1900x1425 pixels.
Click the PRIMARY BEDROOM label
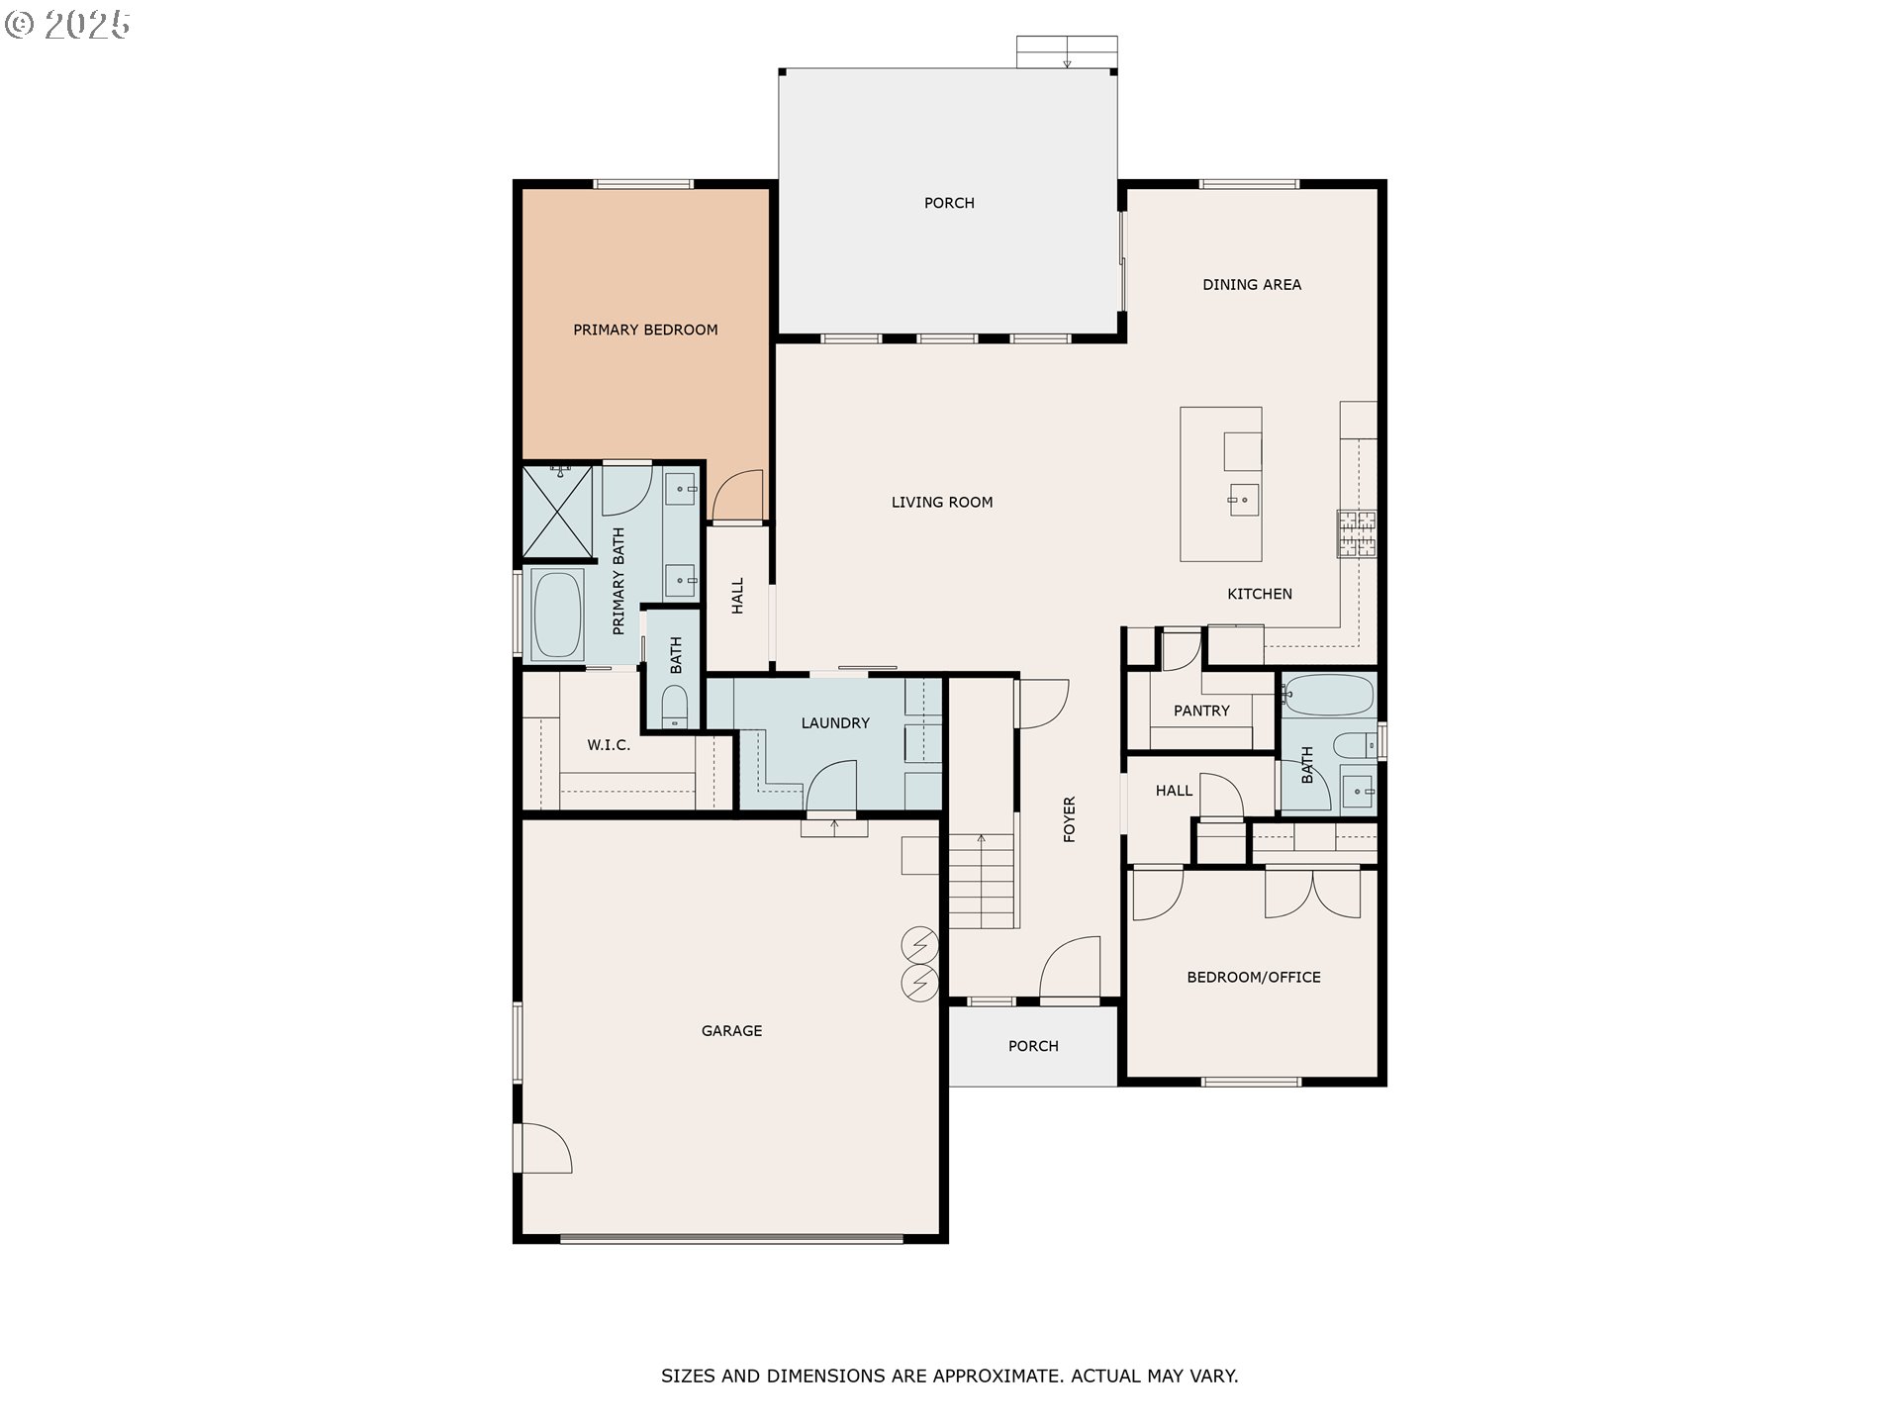coord(645,330)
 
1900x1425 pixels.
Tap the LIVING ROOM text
coord(942,502)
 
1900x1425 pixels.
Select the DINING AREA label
coord(1252,284)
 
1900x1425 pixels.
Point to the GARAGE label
coord(731,1030)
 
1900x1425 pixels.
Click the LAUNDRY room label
coord(835,722)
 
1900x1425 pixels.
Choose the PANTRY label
coord(1201,711)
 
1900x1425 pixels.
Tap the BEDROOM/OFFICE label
coord(1254,977)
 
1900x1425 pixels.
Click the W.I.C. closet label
coord(609,744)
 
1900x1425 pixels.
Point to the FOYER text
coord(1069,819)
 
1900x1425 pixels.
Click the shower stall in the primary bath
coord(557,512)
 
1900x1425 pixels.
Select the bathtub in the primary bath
coord(557,615)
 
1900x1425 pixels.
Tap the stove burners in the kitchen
coord(1357,533)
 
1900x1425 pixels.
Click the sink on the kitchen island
coord(1243,500)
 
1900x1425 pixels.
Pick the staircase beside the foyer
coord(983,881)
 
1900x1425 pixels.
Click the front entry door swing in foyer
coord(1070,968)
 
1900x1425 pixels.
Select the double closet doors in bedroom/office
coord(1312,893)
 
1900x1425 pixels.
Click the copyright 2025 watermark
coord(67,25)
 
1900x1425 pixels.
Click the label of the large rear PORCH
coord(949,203)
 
